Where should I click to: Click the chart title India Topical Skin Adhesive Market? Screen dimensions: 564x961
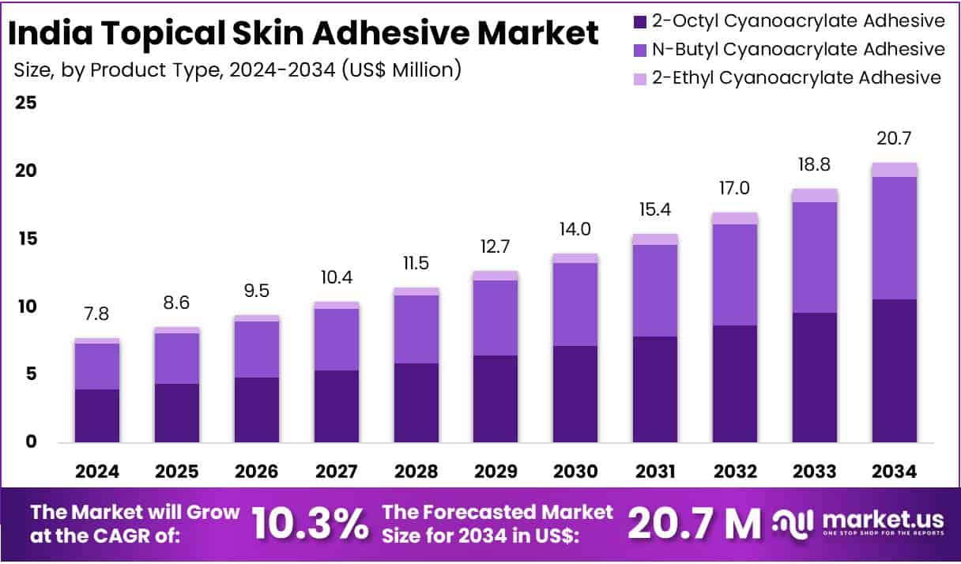coord(305,34)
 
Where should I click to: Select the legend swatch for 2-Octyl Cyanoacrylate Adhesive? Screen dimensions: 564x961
coord(639,21)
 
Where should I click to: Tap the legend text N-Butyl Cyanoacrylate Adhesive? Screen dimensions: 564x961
coord(798,49)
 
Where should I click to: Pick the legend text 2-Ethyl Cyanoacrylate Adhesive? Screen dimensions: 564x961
coord(796,77)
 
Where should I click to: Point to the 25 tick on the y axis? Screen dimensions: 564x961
coord(26,103)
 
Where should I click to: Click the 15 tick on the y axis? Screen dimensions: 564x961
coord(26,239)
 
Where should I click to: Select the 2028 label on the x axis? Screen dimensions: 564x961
coord(416,472)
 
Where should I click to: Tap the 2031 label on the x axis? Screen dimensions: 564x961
coord(655,472)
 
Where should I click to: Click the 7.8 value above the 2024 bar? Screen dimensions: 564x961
coord(97,314)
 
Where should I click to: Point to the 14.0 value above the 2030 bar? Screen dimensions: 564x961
coord(576,230)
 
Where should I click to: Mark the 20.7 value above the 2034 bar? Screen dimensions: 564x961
coord(895,139)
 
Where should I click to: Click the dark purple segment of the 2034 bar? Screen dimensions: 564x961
coord(895,370)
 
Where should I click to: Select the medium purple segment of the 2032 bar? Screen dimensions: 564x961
coord(735,274)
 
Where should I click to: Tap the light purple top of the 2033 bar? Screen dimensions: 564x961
coord(815,195)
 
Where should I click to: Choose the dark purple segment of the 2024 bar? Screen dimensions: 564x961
coord(97,415)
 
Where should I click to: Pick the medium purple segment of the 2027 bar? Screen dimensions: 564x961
coord(337,339)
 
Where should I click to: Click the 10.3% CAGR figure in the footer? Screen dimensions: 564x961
coord(310,524)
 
